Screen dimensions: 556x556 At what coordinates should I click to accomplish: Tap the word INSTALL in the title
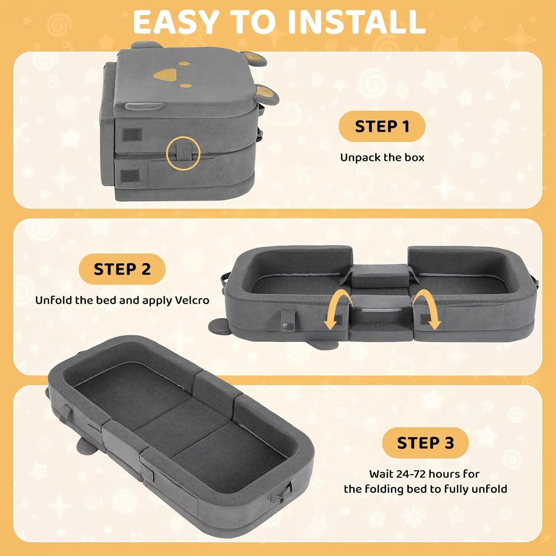(356, 22)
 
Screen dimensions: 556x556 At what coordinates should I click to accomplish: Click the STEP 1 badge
(382, 126)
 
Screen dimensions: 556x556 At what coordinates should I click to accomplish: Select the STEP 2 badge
(122, 269)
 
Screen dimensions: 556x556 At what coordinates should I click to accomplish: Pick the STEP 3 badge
(425, 443)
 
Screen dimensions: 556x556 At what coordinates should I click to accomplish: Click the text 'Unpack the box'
(382, 158)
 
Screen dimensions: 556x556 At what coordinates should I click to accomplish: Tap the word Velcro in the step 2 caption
(192, 300)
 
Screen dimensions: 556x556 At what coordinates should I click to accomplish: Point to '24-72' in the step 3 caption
(411, 474)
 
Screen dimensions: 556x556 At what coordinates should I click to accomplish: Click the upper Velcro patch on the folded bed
(132, 135)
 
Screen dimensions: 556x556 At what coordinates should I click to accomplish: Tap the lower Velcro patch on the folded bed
(130, 176)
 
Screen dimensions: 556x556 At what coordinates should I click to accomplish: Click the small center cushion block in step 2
(380, 275)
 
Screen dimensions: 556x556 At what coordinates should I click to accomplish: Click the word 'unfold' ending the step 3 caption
(489, 489)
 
